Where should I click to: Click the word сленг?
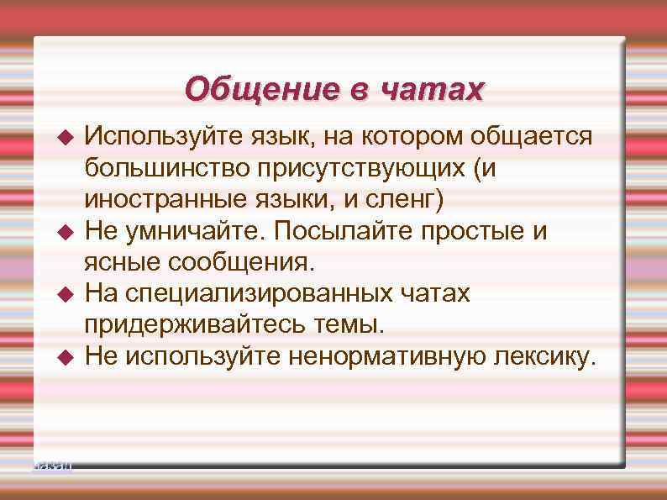pyautogui.click(x=411, y=200)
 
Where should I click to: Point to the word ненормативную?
pyautogui.click(x=386, y=357)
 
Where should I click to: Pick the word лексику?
pyautogui.click(x=544, y=357)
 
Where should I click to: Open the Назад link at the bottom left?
pyautogui.click(x=53, y=465)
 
